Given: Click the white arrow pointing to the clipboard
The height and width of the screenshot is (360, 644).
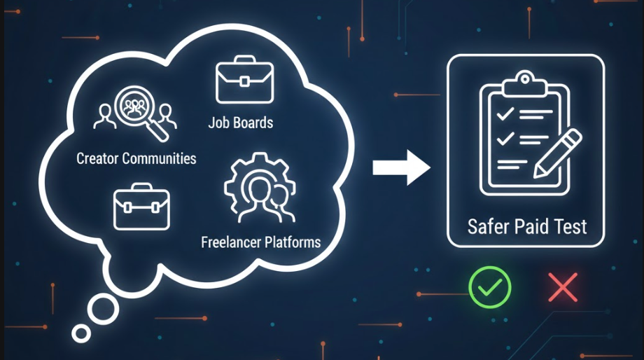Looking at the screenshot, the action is click(x=401, y=167).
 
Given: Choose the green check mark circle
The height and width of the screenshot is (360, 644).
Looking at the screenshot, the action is click(x=490, y=286).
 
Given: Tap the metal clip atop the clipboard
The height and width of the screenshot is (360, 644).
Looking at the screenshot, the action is click(x=519, y=81).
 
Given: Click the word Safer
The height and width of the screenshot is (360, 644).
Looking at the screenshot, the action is click(x=487, y=226).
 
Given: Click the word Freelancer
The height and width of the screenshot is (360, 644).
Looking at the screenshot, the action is click(x=231, y=243).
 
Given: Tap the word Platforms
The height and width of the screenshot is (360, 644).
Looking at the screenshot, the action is click(x=293, y=243).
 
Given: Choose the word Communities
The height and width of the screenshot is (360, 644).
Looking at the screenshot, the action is click(x=159, y=158).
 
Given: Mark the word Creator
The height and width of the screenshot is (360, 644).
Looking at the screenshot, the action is click(x=97, y=158).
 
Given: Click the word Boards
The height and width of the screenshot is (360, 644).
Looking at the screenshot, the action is click(x=253, y=123).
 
